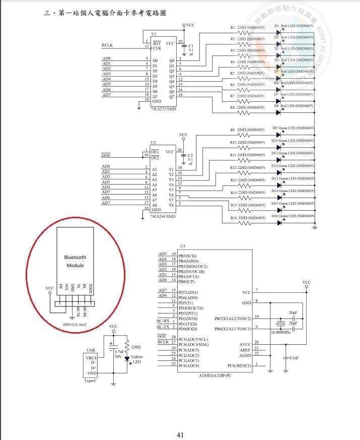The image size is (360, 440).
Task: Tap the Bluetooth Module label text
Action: [75, 261]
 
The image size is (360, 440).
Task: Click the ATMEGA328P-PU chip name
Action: [216, 375]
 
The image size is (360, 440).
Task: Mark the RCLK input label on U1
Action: [107, 45]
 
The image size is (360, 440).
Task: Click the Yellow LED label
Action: [137, 359]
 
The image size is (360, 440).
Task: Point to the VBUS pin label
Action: [91, 357]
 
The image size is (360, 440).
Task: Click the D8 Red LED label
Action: [294, 106]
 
